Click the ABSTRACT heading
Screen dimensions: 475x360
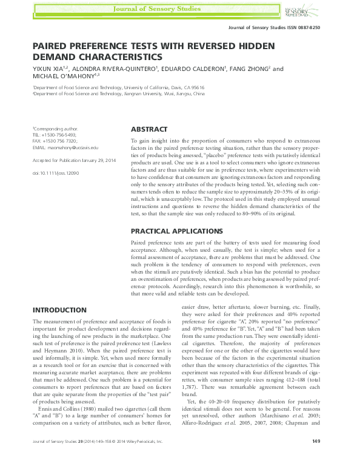[149, 129]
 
